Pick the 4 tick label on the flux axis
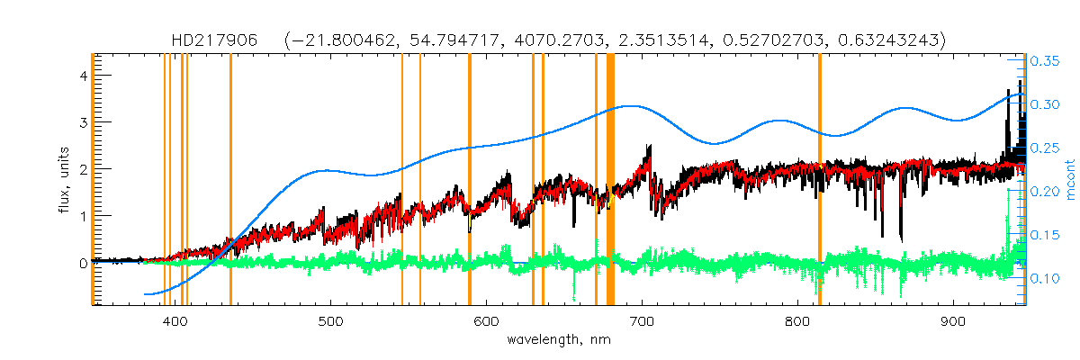(82, 76)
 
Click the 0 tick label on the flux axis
(82, 263)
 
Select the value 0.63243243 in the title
(888, 40)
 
